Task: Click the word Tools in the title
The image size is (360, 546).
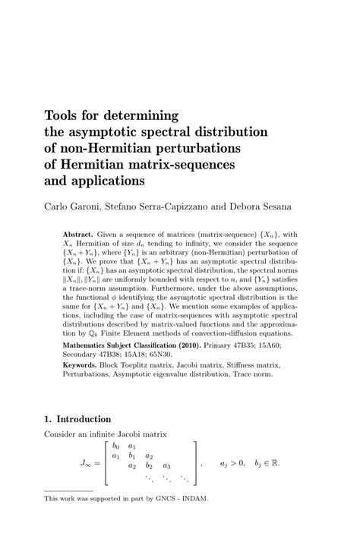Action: (63, 116)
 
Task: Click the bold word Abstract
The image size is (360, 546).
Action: (79, 235)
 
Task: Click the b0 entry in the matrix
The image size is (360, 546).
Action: (116, 446)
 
